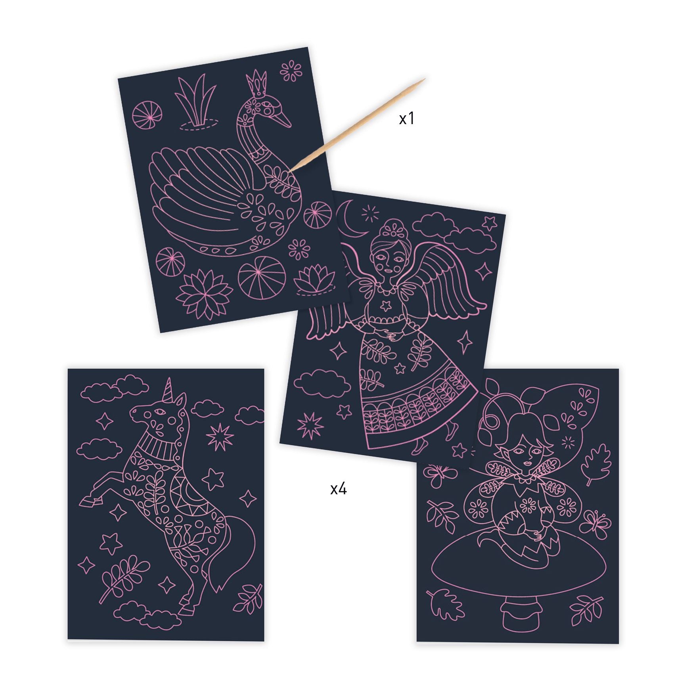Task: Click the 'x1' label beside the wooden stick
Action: coord(407,118)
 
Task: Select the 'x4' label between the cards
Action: coord(338,489)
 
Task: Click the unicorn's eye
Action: coord(160,412)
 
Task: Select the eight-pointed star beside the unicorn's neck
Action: coord(219,437)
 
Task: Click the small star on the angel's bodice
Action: coord(384,306)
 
